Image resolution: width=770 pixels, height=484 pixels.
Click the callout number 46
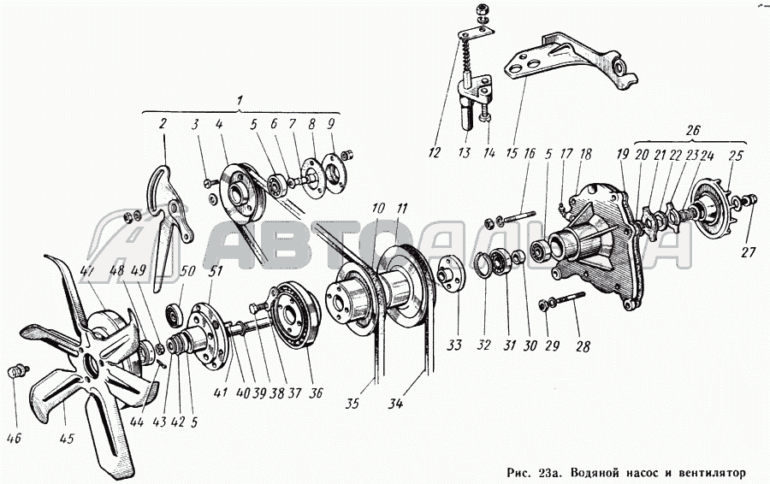(15, 440)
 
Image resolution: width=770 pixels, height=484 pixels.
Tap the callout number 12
(435, 153)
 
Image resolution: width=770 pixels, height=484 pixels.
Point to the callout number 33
(453, 346)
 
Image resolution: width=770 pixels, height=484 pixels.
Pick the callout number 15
(512, 154)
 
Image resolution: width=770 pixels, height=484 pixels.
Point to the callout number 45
(67, 440)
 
